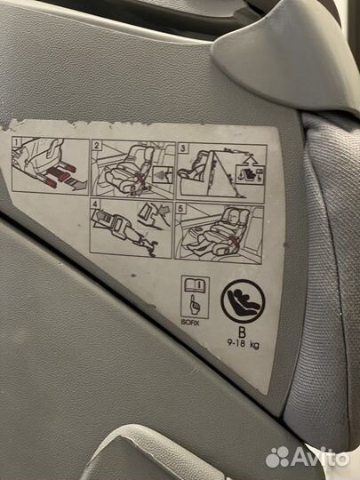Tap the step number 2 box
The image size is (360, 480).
[96, 146]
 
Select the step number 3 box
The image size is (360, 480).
[183, 148]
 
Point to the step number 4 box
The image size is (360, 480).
[95, 203]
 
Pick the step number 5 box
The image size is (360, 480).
[181, 209]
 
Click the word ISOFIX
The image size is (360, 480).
[190, 323]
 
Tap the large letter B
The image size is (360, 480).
[242, 332]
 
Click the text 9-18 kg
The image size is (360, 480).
[243, 344]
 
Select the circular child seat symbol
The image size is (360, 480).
[243, 301]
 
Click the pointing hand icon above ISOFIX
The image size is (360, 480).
[194, 304]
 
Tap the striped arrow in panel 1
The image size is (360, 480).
[76, 184]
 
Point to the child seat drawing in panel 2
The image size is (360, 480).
[129, 170]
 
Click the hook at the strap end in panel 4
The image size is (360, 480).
[150, 245]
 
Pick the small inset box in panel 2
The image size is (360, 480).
[163, 174]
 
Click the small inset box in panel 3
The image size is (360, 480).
[250, 174]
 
